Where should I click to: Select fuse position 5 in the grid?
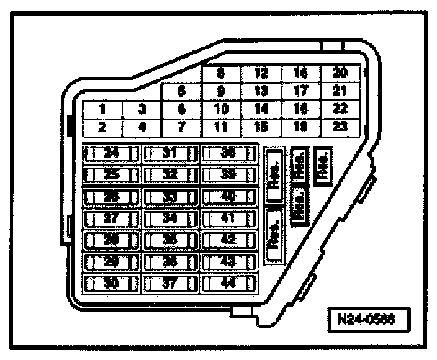pyautogui.click(x=181, y=91)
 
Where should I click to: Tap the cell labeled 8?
pyautogui.click(x=222, y=73)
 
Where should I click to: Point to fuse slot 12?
pyautogui.click(x=261, y=73)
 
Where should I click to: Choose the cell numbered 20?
pyautogui.click(x=340, y=73)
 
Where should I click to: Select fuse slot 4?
pyautogui.click(x=142, y=127)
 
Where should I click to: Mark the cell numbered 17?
pyautogui.click(x=300, y=91)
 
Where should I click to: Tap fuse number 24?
pyautogui.click(x=112, y=153)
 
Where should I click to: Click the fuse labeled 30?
pyautogui.click(x=112, y=284)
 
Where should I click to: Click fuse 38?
pyautogui.click(x=229, y=153)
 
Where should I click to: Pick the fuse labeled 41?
pyautogui.click(x=229, y=218)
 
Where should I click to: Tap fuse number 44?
pyautogui.click(x=229, y=284)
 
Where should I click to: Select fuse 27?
pyautogui.click(x=112, y=218)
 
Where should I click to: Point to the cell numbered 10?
pyautogui.click(x=222, y=109)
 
